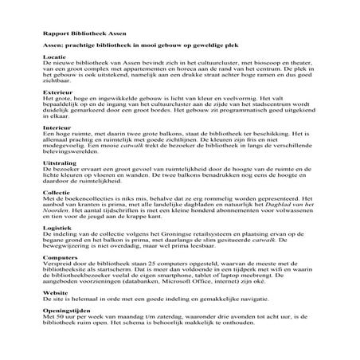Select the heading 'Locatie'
54,57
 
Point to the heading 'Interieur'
56,127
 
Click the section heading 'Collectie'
57,191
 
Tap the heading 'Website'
56,293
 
